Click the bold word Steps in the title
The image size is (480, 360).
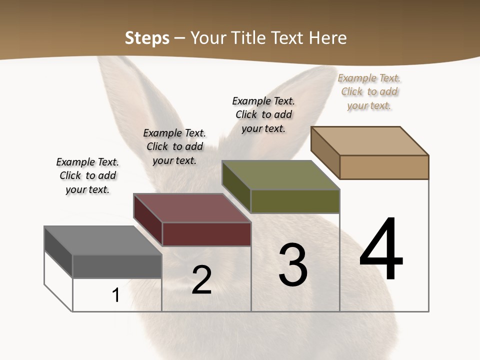[x=147, y=38]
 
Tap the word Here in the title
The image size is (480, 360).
[x=328, y=38]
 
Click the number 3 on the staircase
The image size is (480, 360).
[x=293, y=265]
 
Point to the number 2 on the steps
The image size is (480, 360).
[x=202, y=280]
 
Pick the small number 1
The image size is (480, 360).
[x=116, y=295]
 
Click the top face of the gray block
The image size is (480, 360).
[x=103, y=240]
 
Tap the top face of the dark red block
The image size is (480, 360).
[x=192, y=208]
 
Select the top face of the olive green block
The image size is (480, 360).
[x=281, y=175]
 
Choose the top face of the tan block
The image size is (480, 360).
[x=370, y=141]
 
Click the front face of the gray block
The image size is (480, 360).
[x=117, y=266]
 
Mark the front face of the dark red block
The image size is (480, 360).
[x=206, y=234]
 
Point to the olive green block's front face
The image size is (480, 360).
[x=295, y=201]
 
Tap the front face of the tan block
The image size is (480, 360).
[x=384, y=167]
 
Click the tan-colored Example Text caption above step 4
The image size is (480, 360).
[x=369, y=92]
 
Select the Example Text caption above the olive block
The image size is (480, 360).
[x=263, y=114]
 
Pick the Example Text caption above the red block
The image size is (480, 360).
[x=174, y=146]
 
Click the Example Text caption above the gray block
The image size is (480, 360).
[x=87, y=175]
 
